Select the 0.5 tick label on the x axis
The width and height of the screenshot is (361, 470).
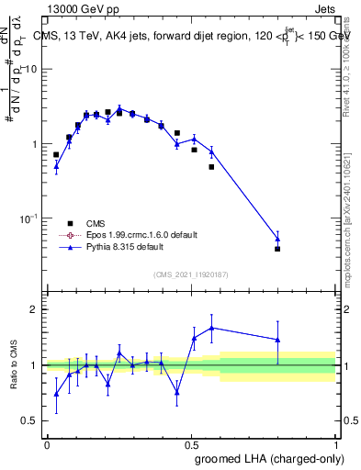pos(190,445)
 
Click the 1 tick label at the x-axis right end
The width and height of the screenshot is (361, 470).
pos(335,445)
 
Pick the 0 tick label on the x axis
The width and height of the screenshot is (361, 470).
pos(47,445)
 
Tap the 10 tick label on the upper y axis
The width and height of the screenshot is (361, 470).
pos(31,70)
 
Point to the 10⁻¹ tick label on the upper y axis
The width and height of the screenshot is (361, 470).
pos(28,218)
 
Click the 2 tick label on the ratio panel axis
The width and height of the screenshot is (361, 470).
pos(35,309)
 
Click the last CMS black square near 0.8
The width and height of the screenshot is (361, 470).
pos(277,249)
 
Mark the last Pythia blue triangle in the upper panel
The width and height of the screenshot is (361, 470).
pos(277,239)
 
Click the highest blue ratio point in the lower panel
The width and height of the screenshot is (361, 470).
pos(212,328)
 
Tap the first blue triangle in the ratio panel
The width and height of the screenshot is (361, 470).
pos(56,394)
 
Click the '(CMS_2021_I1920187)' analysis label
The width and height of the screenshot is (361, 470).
pos(191,274)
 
